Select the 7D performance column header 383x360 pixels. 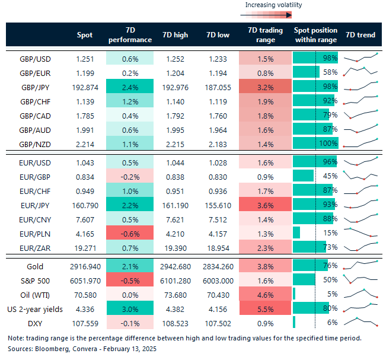coord(130,35)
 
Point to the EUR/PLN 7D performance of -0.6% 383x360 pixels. coord(130,232)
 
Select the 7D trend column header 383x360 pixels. coord(360,35)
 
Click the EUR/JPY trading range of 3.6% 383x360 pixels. coord(266,205)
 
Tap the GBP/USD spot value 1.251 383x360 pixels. coord(85,58)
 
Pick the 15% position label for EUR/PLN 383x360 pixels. coord(330,232)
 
